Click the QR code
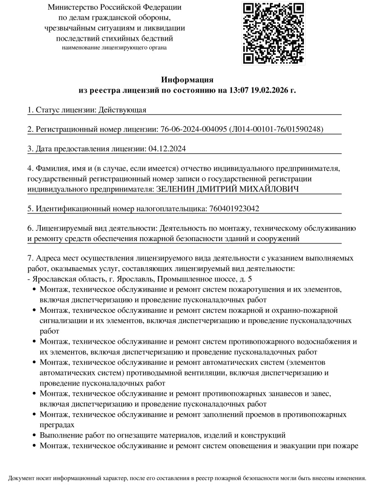(x=273, y=33)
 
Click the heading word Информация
(x=187, y=80)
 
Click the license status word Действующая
(x=122, y=110)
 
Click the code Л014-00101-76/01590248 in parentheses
(x=276, y=129)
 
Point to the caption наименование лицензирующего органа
(x=114, y=48)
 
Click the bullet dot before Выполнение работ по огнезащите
(x=33, y=435)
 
